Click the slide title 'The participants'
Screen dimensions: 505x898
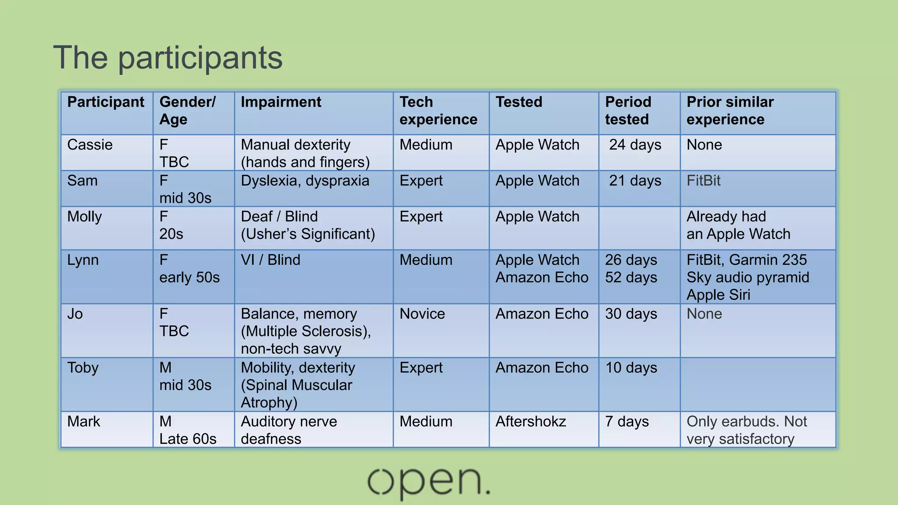pyautogui.click(x=168, y=57)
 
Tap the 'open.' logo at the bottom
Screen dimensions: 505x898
pyautogui.click(x=428, y=482)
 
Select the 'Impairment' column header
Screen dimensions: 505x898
pyautogui.click(x=281, y=102)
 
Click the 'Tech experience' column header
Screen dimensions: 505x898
pyautogui.click(x=438, y=110)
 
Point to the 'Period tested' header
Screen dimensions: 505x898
pyautogui.click(x=628, y=110)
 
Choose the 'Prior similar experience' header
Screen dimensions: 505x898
pyautogui.click(x=730, y=110)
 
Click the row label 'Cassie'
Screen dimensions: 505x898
pyautogui.click(x=90, y=145)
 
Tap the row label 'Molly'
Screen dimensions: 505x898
pyautogui.click(x=85, y=217)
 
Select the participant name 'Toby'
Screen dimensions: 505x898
pyautogui.click(x=83, y=368)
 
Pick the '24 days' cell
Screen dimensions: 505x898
pyautogui.click(x=635, y=145)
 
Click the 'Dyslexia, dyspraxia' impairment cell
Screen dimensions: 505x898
pyautogui.click(x=305, y=181)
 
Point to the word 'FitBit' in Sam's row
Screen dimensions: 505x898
pyautogui.click(x=703, y=181)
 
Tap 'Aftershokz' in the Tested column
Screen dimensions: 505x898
pyautogui.click(x=531, y=422)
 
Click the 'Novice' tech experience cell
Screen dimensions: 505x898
pyautogui.click(x=422, y=314)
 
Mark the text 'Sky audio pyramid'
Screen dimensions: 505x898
pyautogui.click(x=748, y=277)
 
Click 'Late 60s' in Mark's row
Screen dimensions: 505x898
pyautogui.click(x=188, y=439)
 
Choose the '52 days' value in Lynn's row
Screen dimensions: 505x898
pyautogui.click(x=631, y=277)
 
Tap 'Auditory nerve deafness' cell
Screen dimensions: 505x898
pyautogui.click(x=289, y=430)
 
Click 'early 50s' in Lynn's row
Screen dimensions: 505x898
pyautogui.click(x=189, y=277)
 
